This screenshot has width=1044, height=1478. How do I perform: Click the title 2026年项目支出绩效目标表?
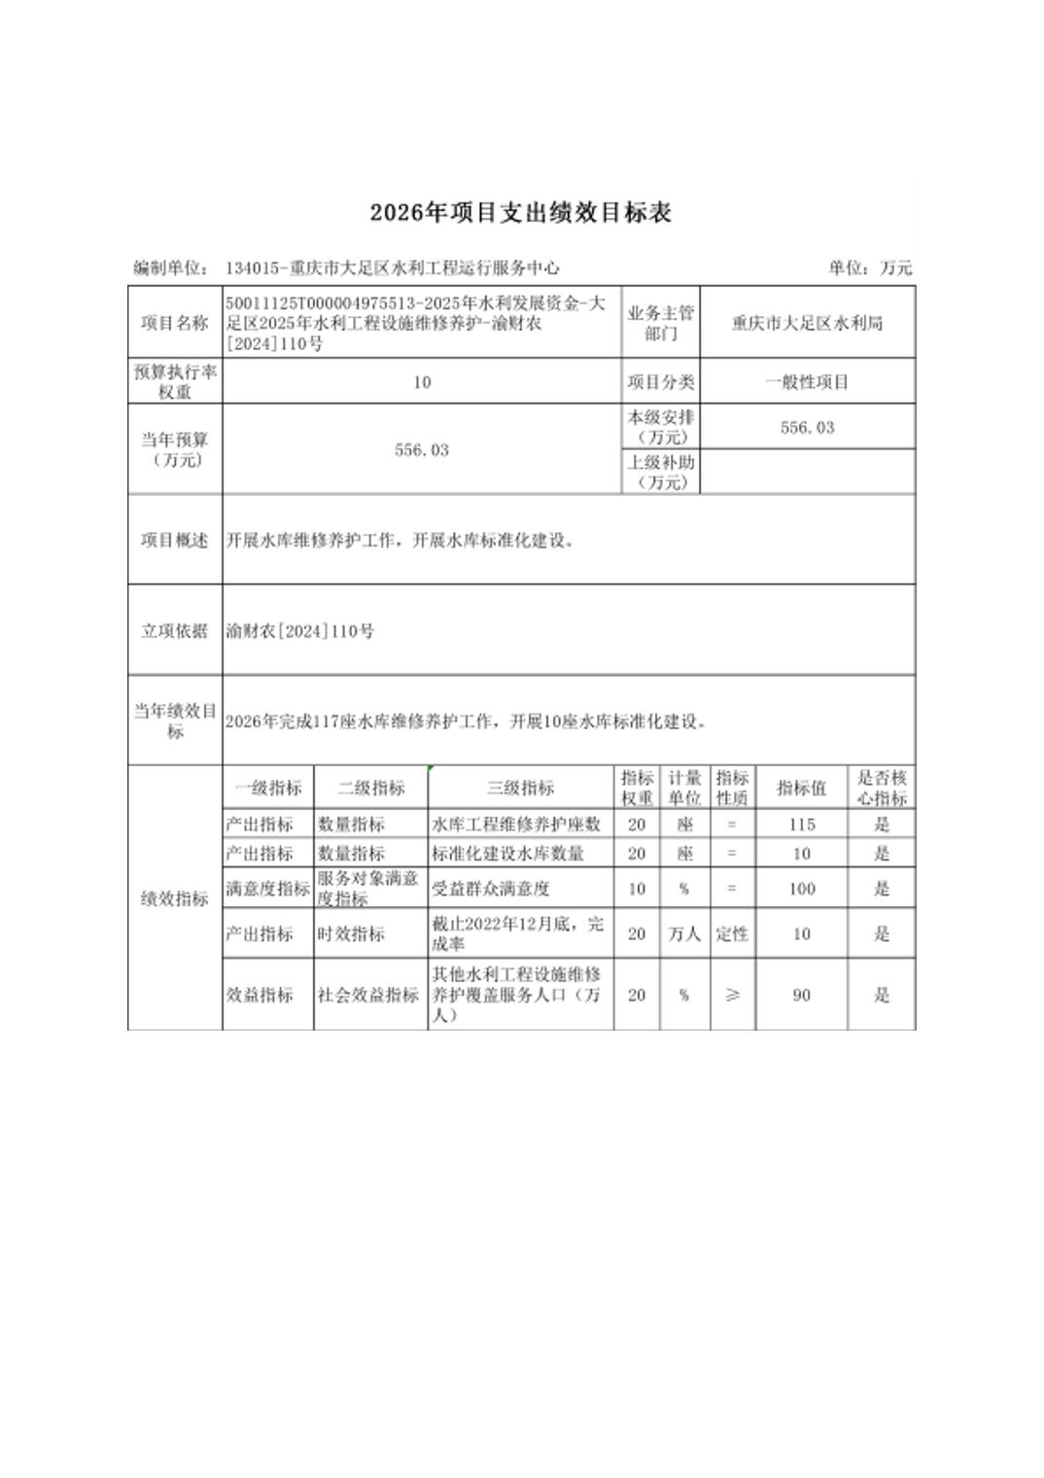click(520, 213)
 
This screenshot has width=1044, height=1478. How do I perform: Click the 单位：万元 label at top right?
click(870, 267)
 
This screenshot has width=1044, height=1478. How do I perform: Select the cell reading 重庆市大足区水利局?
click(807, 323)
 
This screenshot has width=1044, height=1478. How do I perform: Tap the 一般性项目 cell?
click(807, 382)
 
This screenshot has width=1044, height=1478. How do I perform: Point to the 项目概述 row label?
click(175, 541)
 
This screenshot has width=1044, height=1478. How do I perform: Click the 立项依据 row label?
click(175, 631)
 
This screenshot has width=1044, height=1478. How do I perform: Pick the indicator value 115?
click(801, 825)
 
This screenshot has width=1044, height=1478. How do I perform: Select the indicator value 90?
click(801, 995)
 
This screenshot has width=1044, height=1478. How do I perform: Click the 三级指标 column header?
click(520, 788)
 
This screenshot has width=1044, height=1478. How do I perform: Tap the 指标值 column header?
click(801, 788)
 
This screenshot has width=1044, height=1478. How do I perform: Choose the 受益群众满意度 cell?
click(491, 889)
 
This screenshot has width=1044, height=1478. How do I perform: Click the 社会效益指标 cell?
click(368, 995)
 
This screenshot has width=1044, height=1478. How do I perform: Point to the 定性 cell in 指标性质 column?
click(732, 933)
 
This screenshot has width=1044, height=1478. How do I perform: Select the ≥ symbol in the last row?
click(732, 995)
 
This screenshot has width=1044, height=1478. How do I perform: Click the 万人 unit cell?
click(684, 933)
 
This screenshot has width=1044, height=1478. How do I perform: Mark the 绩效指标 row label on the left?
click(175, 898)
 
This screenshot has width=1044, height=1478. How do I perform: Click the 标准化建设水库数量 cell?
click(507, 854)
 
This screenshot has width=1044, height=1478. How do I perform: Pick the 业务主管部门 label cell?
click(660, 323)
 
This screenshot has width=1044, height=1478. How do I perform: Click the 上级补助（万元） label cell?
click(660, 472)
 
